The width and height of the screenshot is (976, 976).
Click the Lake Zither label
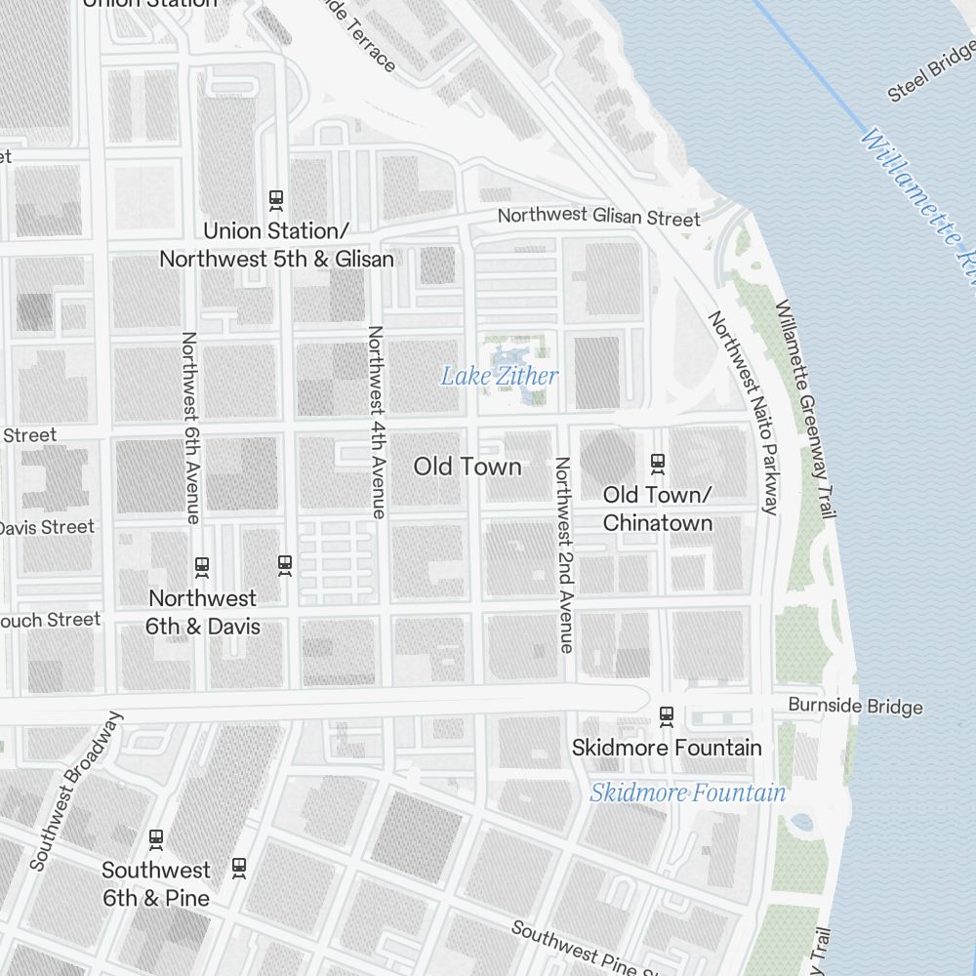500,376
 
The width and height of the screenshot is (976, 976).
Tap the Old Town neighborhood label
468,467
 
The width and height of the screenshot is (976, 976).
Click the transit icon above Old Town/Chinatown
658,462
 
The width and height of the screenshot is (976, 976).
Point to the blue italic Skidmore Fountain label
687,793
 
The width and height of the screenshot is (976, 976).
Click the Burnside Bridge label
855,705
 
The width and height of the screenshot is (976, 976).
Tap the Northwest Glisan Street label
598,217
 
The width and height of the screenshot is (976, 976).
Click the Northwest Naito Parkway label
744,412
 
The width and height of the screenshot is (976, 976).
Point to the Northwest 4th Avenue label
376,421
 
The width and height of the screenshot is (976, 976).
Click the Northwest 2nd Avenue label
563,553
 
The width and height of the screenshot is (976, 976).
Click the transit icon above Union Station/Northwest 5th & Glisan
276,199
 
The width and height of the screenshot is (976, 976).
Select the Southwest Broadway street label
77,791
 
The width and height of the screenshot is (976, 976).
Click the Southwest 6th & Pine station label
156,883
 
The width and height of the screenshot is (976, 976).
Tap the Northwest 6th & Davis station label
203,612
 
